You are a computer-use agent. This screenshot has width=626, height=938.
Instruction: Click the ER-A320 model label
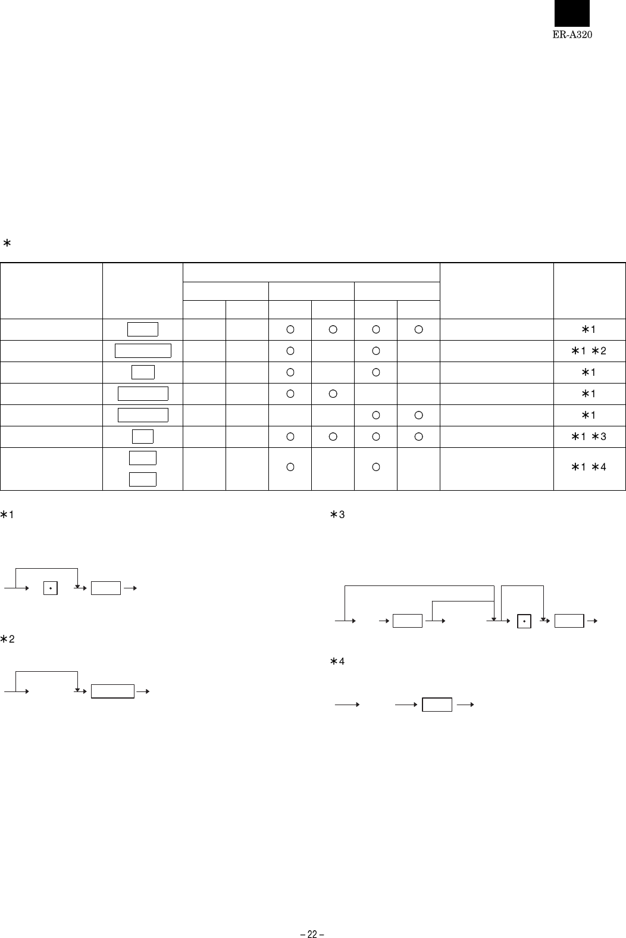[x=572, y=35]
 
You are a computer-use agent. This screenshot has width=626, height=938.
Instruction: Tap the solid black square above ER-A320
[x=572, y=13]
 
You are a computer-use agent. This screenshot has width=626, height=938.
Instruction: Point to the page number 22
[x=312, y=934]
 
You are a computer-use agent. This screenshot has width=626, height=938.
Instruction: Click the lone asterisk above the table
[x=7, y=243]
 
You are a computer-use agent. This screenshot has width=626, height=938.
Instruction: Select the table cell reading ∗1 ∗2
[x=589, y=351]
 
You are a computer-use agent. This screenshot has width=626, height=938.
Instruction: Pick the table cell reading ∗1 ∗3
[x=589, y=437]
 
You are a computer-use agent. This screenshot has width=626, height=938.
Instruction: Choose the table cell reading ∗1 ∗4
[x=589, y=467]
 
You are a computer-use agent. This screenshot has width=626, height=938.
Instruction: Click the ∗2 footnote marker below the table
[x=7, y=639]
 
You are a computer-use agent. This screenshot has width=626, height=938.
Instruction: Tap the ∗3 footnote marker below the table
[x=337, y=515]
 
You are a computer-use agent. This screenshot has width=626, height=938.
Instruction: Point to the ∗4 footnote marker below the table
[x=337, y=661]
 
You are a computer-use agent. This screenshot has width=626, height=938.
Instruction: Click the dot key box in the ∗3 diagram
[x=524, y=621]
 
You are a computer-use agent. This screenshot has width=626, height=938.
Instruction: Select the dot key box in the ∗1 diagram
[x=50, y=588]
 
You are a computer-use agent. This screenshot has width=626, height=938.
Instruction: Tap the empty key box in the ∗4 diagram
[x=437, y=705]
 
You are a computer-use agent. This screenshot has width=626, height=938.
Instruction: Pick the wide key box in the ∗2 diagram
[x=112, y=691]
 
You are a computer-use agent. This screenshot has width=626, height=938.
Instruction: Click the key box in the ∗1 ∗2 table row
[x=143, y=351]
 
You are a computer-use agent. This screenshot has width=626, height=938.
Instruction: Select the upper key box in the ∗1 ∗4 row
[x=143, y=458]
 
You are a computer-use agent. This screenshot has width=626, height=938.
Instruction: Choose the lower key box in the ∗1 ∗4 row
[x=143, y=479]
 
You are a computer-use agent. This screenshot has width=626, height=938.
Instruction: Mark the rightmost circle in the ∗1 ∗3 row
[x=418, y=437]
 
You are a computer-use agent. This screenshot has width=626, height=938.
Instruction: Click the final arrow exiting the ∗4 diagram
[x=465, y=705]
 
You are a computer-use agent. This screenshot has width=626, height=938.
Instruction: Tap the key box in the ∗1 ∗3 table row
[x=143, y=437]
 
